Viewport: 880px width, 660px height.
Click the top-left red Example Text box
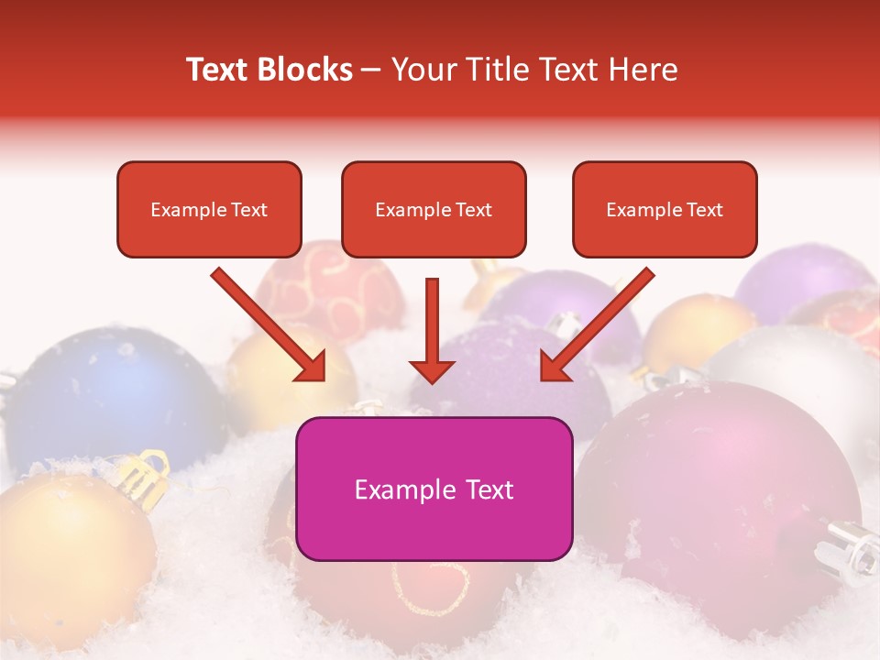[209, 209]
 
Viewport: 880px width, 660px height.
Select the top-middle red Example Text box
[434, 209]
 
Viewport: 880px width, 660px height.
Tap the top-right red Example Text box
[665, 209]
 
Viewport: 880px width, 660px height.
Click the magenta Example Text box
[434, 489]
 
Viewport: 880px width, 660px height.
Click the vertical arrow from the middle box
[432, 335]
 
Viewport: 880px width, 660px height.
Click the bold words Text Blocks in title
[269, 70]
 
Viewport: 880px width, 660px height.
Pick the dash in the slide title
[371, 70]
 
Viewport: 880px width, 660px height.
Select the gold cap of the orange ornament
[142, 472]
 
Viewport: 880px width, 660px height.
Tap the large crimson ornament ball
[724, 486]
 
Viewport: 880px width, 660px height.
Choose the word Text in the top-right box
[704, 209]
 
